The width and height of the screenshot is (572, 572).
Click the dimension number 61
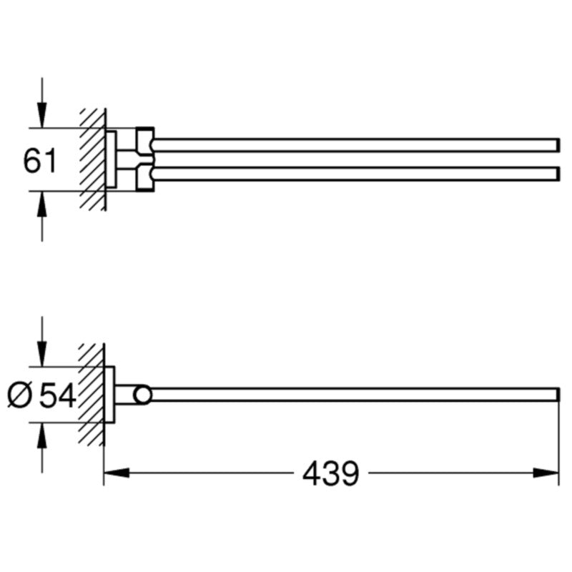click(x=40, y=160)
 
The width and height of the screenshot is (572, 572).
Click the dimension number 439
click(x=331, y=473)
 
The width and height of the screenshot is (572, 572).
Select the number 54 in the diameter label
click(x=57, y=395)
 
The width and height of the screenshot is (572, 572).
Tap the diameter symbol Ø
click(x=21, y=395)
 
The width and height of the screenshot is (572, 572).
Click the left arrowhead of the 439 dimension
click(x=117, y=473)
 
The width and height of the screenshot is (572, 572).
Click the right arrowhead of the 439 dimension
click(x=546, y=473)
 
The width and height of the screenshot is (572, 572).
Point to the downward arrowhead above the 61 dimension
click(x=42, y=115)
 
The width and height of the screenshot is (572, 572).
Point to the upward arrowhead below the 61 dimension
click(x=42, y=204)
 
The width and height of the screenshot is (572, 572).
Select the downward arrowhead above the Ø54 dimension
click(x=42, y=354)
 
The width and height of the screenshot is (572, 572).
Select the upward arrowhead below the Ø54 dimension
click(x=42, y=435)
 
